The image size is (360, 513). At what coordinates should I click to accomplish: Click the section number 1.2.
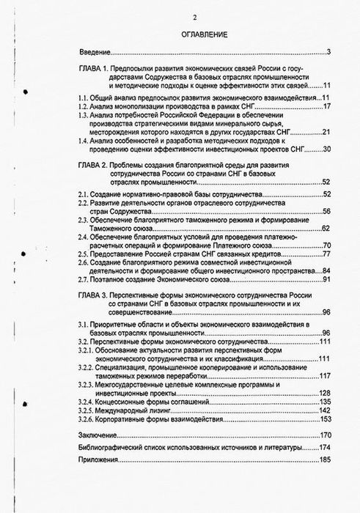pyautogui.click(x=88, y=106)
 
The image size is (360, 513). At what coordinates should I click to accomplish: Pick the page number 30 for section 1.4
pyautogui.click(x=328, y=150)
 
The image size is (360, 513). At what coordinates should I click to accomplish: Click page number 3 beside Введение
pyautogui.click(x=331, y=51)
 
